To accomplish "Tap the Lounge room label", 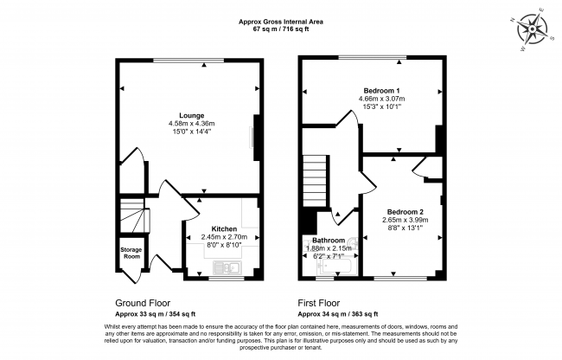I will click(191, 115).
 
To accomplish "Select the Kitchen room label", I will click(224, 228).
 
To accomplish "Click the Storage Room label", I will click(131, 254).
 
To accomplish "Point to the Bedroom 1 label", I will click(380, 91).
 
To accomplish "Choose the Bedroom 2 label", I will click(405, 212).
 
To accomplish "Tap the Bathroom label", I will click(329, 240).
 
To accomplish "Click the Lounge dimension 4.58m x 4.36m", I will click(191, 125).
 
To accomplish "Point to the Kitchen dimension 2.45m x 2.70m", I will click(225, 237).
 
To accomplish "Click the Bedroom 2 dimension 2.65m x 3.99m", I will click(406, 221).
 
